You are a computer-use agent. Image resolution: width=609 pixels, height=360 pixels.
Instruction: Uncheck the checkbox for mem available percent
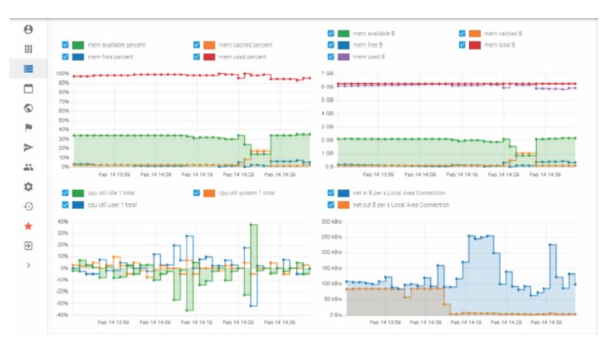65,45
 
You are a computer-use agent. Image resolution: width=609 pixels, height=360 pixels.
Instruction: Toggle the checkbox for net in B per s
331,193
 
